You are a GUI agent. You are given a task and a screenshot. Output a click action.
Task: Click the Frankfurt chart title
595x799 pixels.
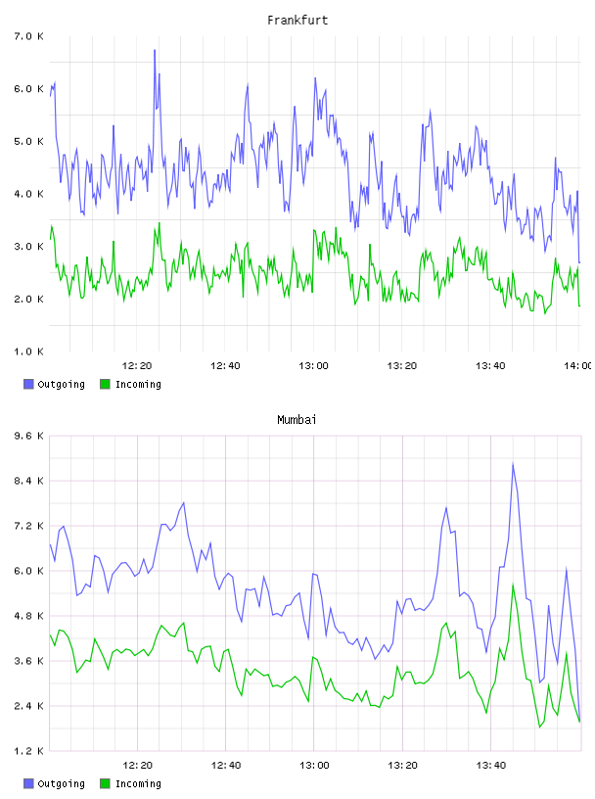297,21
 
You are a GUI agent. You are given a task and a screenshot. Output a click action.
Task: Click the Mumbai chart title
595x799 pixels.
297,420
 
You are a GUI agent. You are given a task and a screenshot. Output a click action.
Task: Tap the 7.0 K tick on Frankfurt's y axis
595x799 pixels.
29,36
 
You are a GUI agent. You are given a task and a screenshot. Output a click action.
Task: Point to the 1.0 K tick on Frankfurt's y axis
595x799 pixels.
29,352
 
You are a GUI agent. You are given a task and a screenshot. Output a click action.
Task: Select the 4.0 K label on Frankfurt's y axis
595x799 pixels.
29,194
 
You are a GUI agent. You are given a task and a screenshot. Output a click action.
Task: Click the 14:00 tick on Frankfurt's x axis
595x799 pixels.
578,365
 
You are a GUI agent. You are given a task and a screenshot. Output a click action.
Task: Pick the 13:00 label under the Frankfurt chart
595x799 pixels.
314,365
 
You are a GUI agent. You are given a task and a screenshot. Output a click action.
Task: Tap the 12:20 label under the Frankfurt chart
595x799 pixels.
137,365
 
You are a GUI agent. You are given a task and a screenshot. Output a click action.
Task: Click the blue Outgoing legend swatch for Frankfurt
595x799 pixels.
28,384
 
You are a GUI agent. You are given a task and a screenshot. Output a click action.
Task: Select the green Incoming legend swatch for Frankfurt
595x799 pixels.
105,384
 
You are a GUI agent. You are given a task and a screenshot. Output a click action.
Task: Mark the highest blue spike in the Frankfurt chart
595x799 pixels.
155,50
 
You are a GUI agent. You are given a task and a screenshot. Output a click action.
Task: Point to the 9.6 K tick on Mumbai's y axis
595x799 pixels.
29,436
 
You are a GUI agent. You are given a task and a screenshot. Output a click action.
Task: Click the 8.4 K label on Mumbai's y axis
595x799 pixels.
29,481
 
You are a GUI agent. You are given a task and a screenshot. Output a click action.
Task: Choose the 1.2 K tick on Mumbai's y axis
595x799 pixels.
29,751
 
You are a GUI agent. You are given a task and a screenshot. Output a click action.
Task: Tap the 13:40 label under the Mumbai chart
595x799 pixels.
491,765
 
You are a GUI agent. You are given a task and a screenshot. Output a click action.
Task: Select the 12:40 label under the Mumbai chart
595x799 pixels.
226,765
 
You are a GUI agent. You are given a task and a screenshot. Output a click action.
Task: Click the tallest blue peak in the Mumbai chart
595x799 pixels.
513,463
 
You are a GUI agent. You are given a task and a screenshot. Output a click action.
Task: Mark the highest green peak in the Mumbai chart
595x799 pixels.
513,585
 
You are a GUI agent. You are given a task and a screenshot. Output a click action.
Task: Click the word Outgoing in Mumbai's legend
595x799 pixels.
61,783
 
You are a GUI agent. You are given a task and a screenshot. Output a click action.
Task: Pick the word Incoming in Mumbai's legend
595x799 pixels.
138,783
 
